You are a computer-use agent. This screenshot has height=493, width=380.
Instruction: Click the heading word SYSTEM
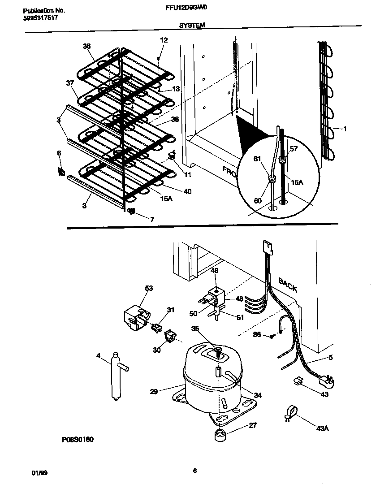[x=192, y=26]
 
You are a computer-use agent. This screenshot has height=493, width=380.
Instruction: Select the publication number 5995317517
[x=40, y=17]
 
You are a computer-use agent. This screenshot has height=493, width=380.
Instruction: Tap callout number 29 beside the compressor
[x=154, y=391]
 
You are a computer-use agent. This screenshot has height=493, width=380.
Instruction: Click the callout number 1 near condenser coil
[x=345, y=129]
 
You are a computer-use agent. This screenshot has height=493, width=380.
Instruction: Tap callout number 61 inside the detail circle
[x=257, y=158]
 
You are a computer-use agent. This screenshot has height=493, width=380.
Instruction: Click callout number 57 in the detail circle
[x=294, y=148]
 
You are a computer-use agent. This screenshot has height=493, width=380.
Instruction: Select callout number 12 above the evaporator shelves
[x=164, y=40]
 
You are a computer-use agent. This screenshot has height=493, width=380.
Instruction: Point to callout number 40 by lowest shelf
[x=187, y=191]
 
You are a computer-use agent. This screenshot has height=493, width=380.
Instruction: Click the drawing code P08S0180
[x=78, y=439]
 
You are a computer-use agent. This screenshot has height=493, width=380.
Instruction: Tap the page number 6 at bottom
[x=194, y=471]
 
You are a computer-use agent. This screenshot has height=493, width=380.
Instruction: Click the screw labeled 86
[x=272, y=335]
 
